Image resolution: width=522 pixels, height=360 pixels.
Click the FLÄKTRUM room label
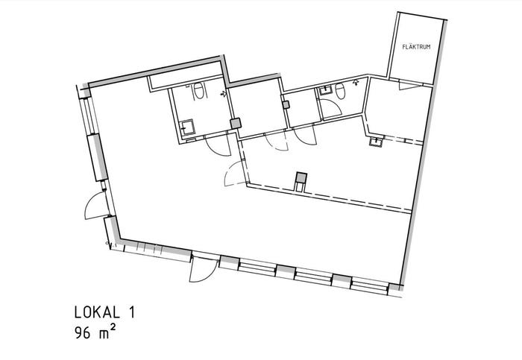(416, 47)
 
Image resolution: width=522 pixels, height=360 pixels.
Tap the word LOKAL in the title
(97, 312)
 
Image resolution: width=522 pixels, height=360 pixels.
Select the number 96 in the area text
(83, 332)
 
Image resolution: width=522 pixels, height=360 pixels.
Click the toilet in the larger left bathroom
(198, 90)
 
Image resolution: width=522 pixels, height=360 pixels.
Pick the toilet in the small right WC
(339, 91)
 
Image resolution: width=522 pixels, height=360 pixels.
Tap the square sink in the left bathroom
(188, 127)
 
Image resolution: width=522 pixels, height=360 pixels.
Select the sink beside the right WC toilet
(325, 90)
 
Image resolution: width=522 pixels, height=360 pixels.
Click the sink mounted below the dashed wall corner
(376, 142)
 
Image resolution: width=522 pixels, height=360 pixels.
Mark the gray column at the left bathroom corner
(236, 124)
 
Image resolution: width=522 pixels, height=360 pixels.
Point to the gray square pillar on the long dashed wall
(301, 177)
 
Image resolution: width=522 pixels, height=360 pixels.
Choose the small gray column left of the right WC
(286, 105)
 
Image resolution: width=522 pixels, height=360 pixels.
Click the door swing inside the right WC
(332, 107)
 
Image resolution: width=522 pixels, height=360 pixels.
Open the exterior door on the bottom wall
(202, 271)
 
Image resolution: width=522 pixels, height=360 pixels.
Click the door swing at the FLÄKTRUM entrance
(409, 86)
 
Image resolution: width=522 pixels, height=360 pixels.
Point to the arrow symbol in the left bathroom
(224, 94)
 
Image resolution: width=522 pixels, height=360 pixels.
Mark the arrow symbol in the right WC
(356, 82)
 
